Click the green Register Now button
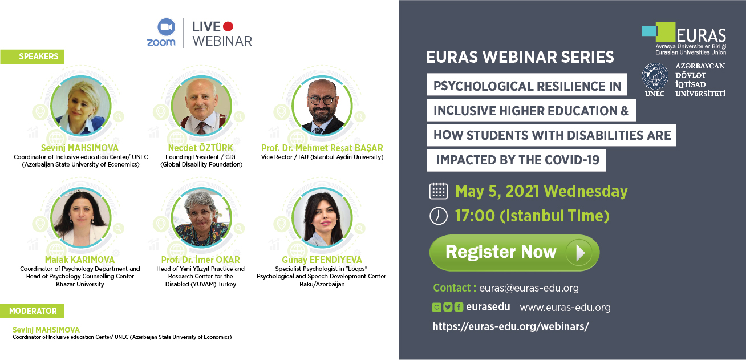[x=514, y=253]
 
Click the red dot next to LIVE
[x=228, y=26]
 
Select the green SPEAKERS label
[x=33, y=56]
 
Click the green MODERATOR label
[x=33, y=311]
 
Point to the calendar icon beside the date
[x=438, y=191]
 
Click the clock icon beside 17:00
[x=438, y=216]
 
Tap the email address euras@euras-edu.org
[x=529, y=288]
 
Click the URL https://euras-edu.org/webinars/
[x=510, y=326]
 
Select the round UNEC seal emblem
[x=655, y=77]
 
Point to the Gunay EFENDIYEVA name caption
[x=322, y=260]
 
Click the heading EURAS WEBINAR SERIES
[x=520, y=57]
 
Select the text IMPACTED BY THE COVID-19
[x=517, y=160]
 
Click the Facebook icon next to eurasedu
[x=459, y=307]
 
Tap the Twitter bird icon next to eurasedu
[x=448, y=307]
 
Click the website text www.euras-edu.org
[x=565, y=307]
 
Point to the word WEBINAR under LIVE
[x=222, y=41]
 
